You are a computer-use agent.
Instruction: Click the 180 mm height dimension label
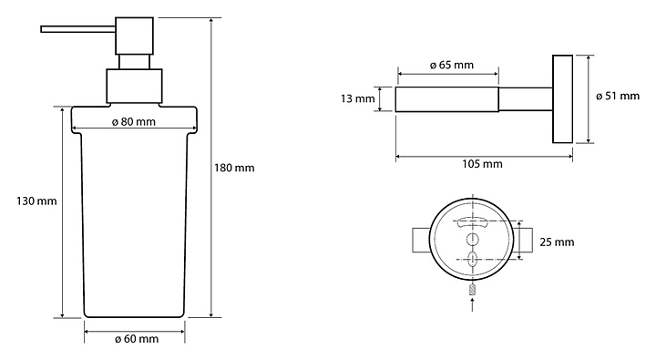[234, 169]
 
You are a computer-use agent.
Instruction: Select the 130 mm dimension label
[36, 201]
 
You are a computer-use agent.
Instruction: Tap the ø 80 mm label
[134, 122]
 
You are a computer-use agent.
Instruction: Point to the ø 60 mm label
[137, 339]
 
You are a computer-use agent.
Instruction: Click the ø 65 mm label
[452, 65]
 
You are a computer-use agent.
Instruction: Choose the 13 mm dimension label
[358, 98]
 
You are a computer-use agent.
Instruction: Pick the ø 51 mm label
[618, 96]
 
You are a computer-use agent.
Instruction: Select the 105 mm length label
[482, 164]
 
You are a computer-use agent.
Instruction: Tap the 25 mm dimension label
[557, 242]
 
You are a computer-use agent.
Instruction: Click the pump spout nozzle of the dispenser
[77, 29]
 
